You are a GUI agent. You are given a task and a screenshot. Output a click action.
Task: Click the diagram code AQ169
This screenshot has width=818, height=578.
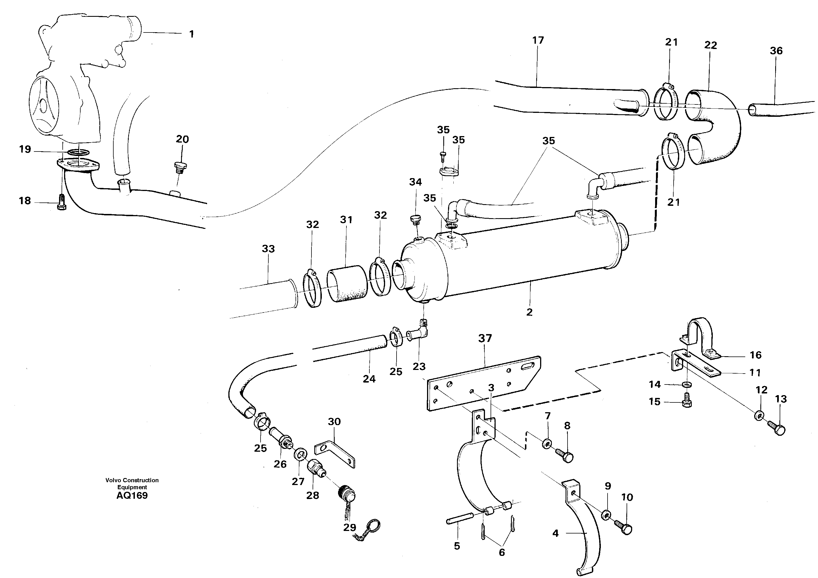coord(132,496)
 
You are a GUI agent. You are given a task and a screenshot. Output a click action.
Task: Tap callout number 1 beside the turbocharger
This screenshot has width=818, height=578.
coord(191,34)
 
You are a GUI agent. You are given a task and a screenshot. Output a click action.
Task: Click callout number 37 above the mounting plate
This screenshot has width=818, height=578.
coord(485,338)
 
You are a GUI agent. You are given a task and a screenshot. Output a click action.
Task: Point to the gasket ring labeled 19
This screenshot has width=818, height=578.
coord(78,153)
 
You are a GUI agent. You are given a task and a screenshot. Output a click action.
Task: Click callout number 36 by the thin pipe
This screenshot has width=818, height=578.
coord(776,51)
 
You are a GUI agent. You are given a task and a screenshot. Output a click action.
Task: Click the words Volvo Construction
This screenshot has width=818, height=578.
coord(132,480)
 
